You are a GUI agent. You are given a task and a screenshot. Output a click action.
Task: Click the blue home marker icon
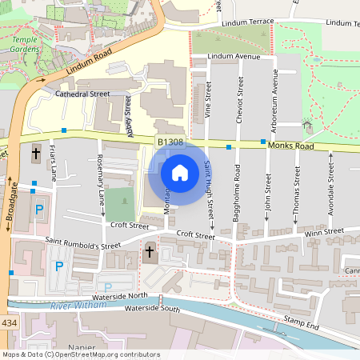[x=180, y=172]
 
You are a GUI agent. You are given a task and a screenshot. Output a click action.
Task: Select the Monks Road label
[x=292, y=146]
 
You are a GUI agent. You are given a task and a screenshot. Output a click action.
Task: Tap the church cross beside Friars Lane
[x=35, y=153]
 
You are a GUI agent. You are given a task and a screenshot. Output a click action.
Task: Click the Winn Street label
[x=325, y=232]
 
